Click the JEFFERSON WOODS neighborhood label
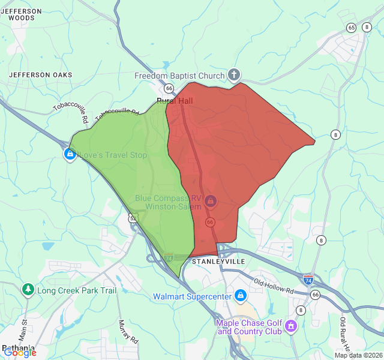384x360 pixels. click(x=25, y=14)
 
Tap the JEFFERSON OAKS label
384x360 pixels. click(x=40, y=75)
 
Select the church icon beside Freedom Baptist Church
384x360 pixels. click(x=234, y=76)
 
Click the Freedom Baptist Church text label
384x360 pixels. click(x=179, y=76)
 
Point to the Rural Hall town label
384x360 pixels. click(x=174, y=101)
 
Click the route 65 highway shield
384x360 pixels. click(x=351, y=28)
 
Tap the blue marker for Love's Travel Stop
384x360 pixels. click(x=70, y=155)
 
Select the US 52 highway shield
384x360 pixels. click(x=132, y=218)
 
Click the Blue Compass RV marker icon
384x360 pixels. click(x=211, y=200)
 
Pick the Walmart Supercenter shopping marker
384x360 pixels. click(x=241, y=296)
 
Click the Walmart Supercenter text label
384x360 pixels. click(x=192, y=296)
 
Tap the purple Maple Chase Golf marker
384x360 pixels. click(x=291, y=326)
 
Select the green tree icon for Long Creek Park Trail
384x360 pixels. click(x=28, y=290)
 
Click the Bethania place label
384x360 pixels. click(x=18, y=347)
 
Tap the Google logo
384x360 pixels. click(x=19, y=353)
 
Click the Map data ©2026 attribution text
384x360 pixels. click(x=358, y=355)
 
